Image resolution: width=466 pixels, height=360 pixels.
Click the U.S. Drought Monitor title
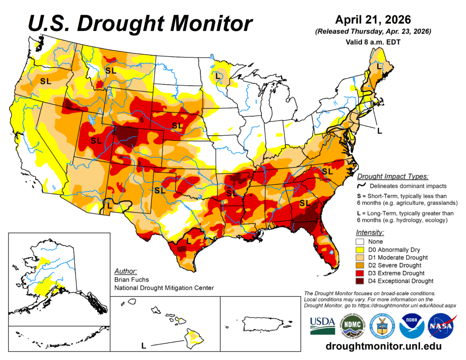point(140,23)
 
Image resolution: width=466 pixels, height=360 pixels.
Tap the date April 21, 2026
point(373,20)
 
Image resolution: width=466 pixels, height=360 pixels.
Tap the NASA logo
point(440,326)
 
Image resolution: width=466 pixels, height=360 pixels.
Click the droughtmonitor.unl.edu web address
point(384,346)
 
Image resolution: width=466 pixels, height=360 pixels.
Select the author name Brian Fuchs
point(132,279)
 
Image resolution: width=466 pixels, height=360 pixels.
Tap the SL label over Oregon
point(46,81)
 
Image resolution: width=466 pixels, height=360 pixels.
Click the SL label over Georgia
point(304,202)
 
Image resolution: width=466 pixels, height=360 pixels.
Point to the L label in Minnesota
point(218,76)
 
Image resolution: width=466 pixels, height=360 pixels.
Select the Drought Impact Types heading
point(392,177)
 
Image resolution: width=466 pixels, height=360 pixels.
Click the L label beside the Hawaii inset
point(143,346)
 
